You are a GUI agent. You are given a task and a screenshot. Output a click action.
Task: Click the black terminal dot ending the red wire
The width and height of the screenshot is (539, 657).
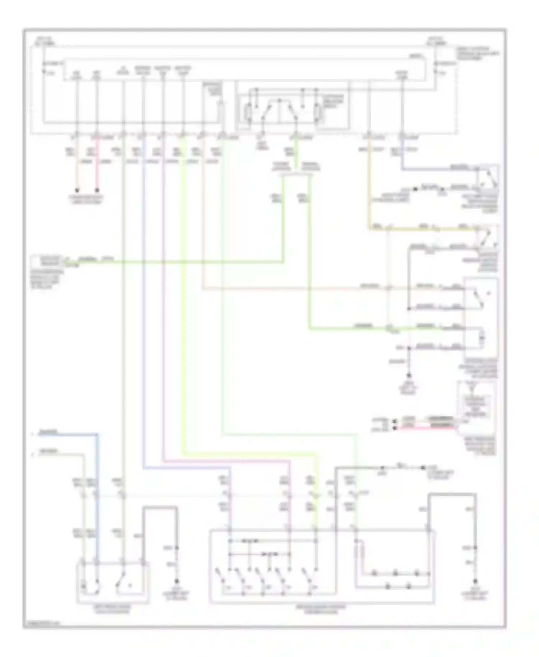click(97, 190)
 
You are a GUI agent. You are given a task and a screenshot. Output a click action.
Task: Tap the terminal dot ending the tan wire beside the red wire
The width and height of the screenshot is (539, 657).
click(77, 190)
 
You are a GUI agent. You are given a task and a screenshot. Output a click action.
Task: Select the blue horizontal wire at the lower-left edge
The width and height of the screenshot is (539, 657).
click(65, 435)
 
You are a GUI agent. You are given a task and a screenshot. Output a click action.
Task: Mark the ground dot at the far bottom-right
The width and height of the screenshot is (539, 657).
click(475, 581)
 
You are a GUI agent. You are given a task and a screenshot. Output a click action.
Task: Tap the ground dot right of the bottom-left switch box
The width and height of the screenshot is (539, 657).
click(176, 581)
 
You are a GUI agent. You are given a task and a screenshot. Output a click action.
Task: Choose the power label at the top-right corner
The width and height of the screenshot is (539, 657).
click(437, 41)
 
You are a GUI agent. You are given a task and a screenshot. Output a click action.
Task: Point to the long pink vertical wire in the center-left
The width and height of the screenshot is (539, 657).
click(163, 288)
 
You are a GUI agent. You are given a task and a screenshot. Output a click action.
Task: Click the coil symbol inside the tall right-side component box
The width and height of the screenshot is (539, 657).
click(482, 338)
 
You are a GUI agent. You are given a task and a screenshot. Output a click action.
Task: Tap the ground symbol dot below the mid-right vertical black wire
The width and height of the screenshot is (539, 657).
click(409, 376)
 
